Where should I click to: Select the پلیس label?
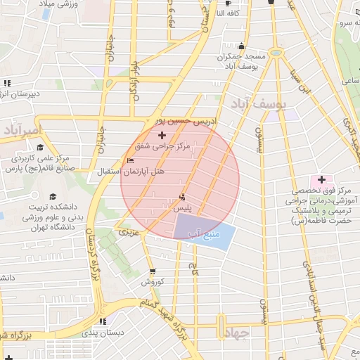coord(181,210)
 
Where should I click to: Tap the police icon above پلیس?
coord(183,198)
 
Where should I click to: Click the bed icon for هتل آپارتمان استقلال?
coord(129,162)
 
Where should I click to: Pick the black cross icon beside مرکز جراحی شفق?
coord(162,134)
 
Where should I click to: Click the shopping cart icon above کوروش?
coord(153,271)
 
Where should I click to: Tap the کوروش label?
coord(152,283)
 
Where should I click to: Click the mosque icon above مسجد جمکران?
coord(242,44)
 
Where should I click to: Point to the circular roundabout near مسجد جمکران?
coord(276,53)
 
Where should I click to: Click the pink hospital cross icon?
coord(322,180)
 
